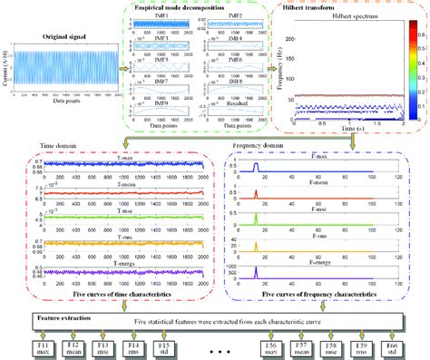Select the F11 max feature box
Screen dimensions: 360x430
pos(44,348)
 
